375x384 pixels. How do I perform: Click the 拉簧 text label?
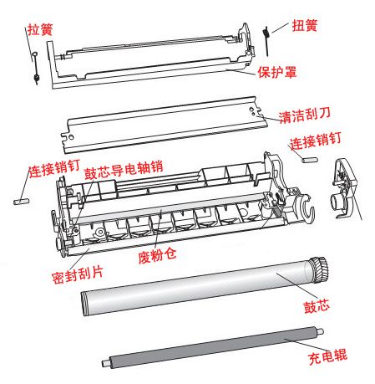39,29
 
